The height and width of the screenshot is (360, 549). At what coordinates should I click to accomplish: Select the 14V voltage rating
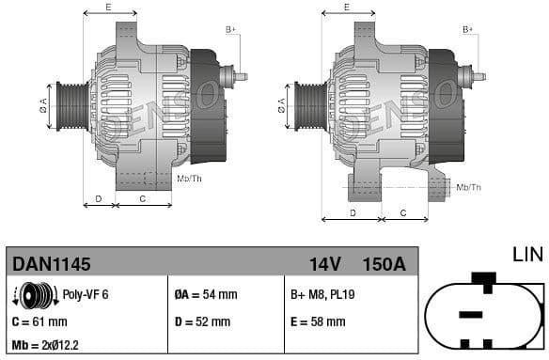324,264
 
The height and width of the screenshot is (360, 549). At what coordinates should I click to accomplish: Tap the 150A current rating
384,264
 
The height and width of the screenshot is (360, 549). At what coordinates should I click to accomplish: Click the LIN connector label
527,254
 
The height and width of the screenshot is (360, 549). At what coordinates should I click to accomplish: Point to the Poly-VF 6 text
86,294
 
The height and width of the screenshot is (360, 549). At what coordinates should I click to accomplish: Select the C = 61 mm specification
39,321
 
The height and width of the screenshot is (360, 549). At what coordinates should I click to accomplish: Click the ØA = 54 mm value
206,294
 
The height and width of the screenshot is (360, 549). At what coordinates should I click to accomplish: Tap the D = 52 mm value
202,321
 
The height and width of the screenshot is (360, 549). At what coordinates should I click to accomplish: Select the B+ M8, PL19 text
323,294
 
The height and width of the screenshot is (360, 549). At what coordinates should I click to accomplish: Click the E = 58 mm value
318,321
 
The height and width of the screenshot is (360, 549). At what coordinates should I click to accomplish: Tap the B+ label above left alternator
230,30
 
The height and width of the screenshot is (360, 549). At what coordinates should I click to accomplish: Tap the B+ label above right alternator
467,30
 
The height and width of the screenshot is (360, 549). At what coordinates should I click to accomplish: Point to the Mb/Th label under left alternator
189,178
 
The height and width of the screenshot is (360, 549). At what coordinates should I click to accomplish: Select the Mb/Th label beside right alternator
468,187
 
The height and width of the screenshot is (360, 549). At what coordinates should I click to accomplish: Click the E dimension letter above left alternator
108,8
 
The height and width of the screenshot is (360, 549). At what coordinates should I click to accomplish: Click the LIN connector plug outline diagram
483,313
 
